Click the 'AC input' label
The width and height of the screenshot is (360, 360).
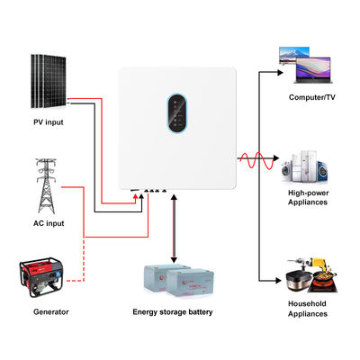[x=50, y=222]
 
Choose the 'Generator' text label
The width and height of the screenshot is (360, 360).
[x=49, y=311]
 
